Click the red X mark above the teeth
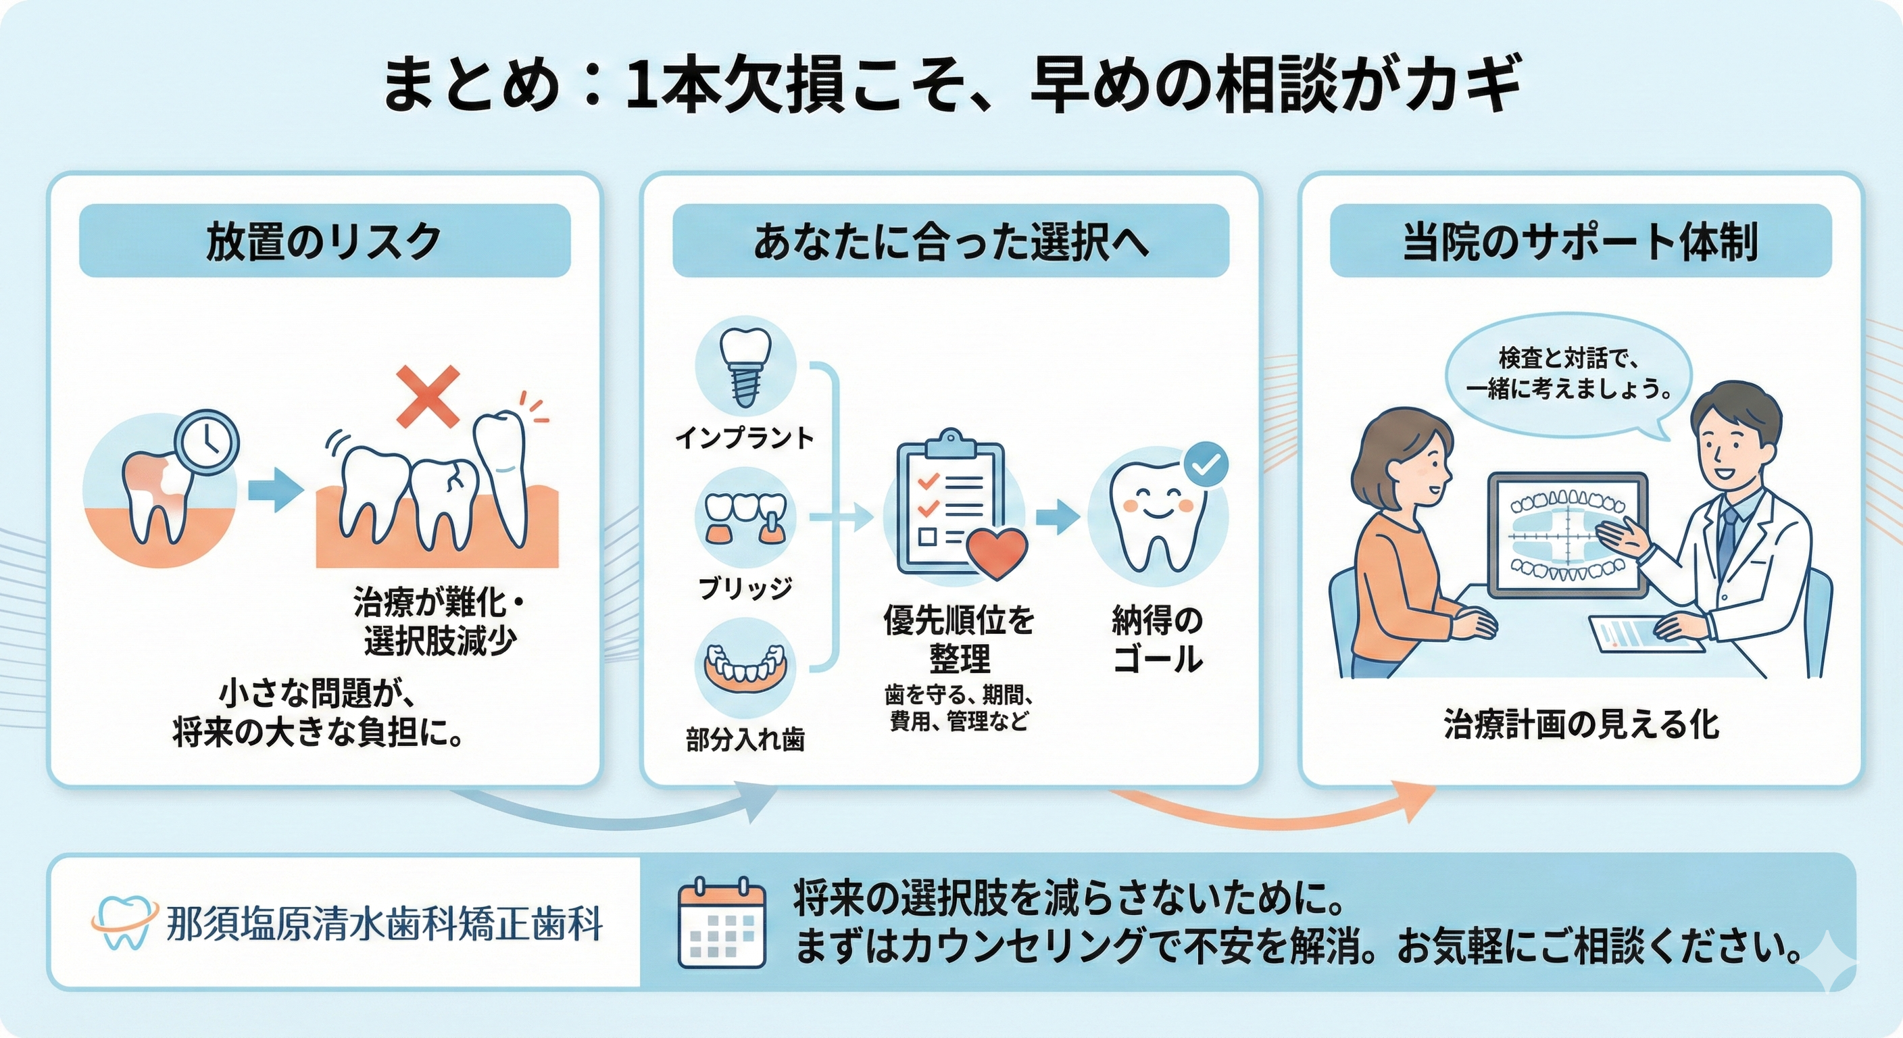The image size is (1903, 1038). click(x=428, y=397)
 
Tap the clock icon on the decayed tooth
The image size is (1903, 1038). click(x=207, y=443)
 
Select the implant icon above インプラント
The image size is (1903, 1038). click(x=745, y=367)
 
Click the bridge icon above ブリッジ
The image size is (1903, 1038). click(x=745, y=518)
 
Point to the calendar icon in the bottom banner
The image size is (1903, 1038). click(x=722, y=924)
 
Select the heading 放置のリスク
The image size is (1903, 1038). click(x=324, y=241)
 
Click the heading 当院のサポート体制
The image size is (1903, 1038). click(x=1580, y=241)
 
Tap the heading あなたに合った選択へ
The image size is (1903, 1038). click(x=951, y=241)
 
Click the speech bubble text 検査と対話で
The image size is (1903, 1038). click(x=1568, y=359)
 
